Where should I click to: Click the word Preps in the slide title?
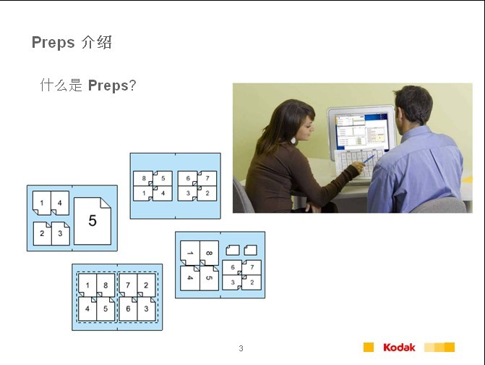coord(53,43)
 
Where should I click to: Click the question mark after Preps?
coord(132,85)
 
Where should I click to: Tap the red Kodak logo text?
coord(399,348)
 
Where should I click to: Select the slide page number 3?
coord(241,348)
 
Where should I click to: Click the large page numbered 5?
coord(93,221)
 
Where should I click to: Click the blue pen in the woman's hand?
coord(369,159)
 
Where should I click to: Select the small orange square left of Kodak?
coord(369,348)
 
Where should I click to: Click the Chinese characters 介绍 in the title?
coord(97,43)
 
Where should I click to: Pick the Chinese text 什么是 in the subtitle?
coord(61,85)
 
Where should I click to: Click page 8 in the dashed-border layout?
coord(106,285)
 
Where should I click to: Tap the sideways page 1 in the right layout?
coord(190,253)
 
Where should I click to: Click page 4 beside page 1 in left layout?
coord(60,203)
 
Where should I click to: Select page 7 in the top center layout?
coord(207,178)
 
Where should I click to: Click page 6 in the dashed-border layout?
coord(128,309)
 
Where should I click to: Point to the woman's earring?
coord(293,141)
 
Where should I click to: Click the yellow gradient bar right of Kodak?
coord(439,348)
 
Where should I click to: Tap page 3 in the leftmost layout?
coord(60,233)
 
